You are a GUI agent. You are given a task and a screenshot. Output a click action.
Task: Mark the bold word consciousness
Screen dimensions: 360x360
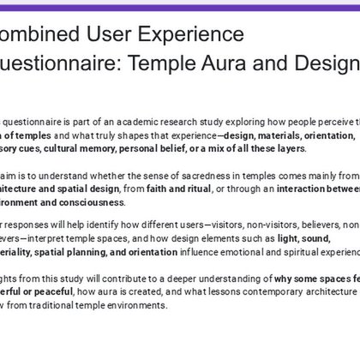pyautogui.click(x=92, y=203)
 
